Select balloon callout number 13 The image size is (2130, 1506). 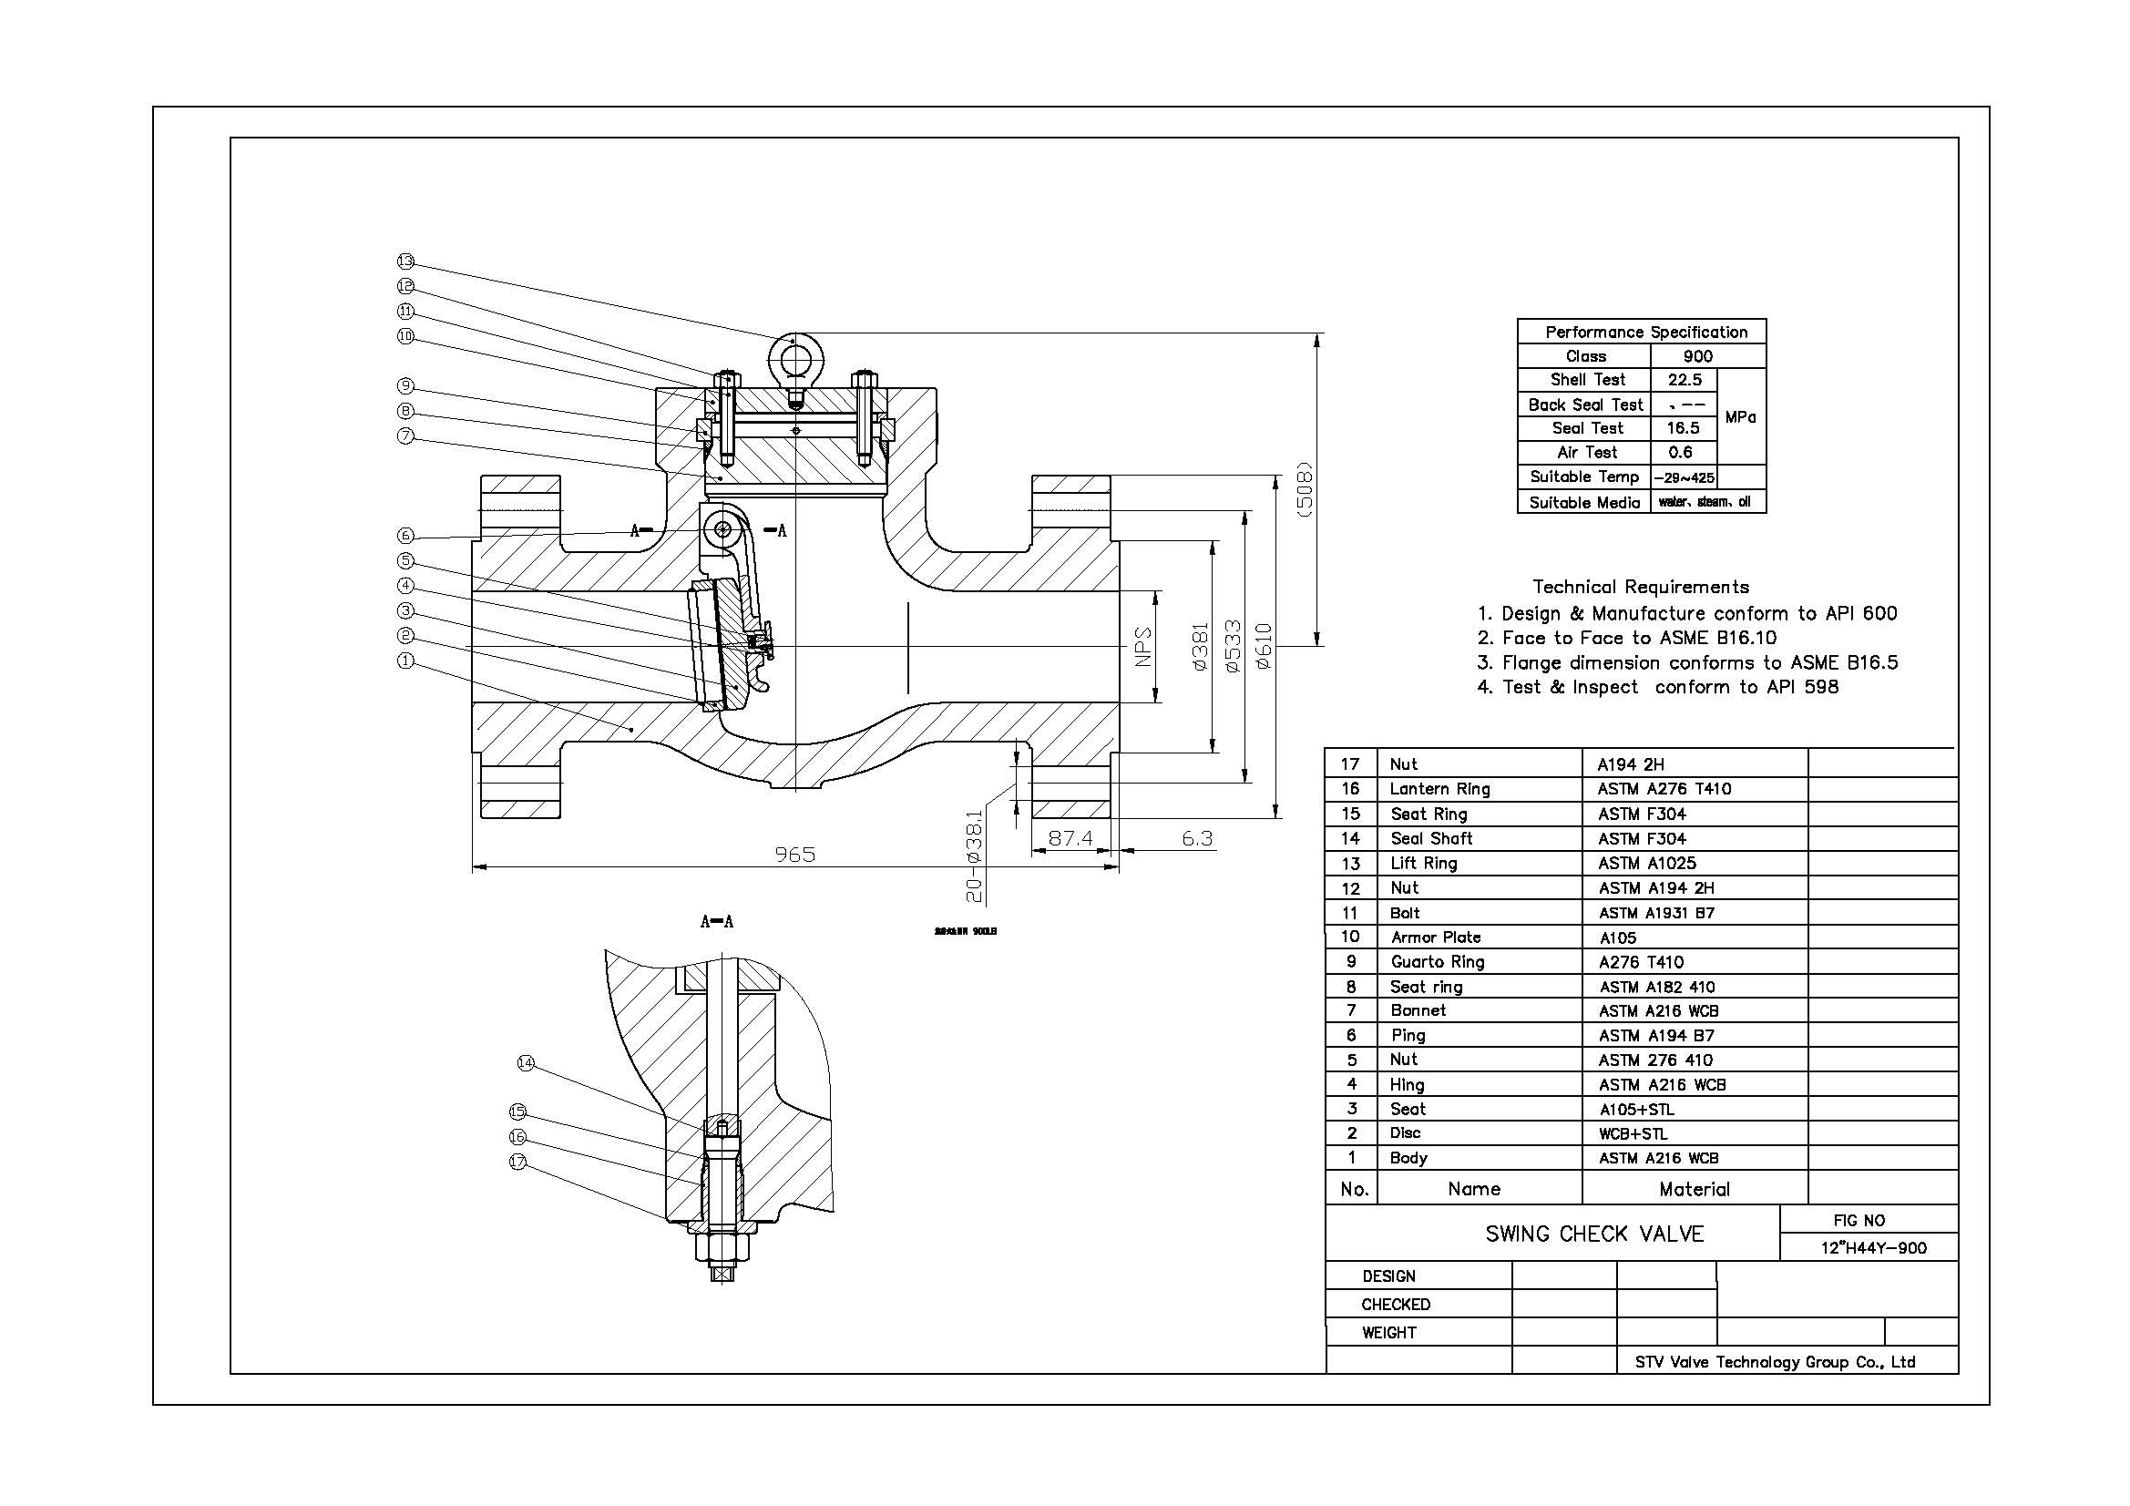click(405, 261)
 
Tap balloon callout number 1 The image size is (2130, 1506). click(405, 661)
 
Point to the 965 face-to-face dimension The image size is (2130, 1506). click(795, 854)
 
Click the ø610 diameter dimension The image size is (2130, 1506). click(1264, 646)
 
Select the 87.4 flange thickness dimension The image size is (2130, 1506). click(1070, 838)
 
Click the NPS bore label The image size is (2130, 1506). click(1143, 646)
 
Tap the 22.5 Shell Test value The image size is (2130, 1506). click(1684, 381)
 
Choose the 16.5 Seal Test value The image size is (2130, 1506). click(1683, 428)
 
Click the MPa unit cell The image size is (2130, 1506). click(1740, 417)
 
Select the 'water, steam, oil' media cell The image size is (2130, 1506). click(1705, 502)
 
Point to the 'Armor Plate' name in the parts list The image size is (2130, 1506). click(1435, 937)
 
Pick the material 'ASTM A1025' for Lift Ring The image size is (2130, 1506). click(1646, 863)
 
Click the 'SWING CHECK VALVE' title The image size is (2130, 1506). click(1594, 1235)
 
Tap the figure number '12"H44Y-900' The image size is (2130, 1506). click(1873, 1248)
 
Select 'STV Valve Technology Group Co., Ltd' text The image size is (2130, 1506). click(1775, 1362)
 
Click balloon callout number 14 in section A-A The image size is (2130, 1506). click(526, 1063)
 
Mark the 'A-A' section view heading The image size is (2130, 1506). click(716, 921)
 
